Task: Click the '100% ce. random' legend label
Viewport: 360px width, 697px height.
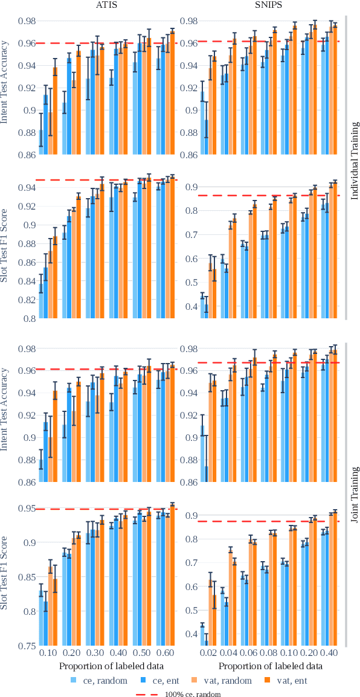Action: point(193,693)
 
